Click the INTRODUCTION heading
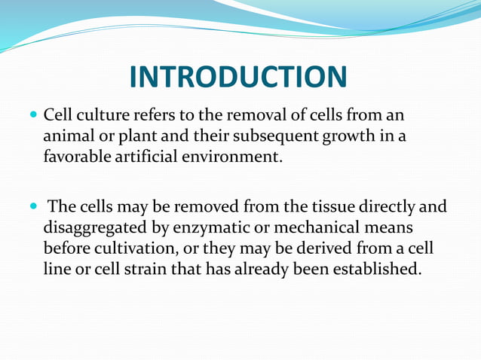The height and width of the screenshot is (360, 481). tap(238, 78)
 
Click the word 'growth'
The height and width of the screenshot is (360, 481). tap(335, 138)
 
